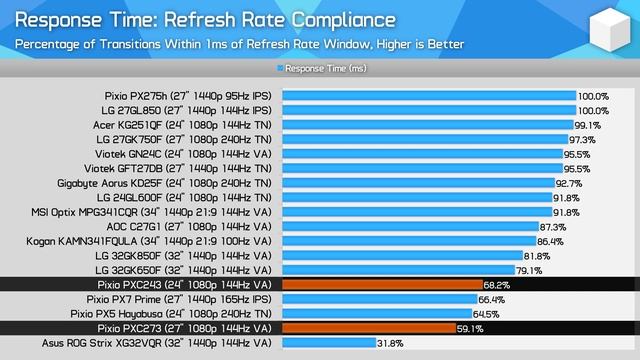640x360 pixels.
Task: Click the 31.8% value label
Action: [391, 343]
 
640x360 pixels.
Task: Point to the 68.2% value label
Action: [497, 285]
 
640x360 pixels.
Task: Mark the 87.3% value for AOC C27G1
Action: [552, 227]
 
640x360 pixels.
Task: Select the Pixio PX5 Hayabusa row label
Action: [179, 313]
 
